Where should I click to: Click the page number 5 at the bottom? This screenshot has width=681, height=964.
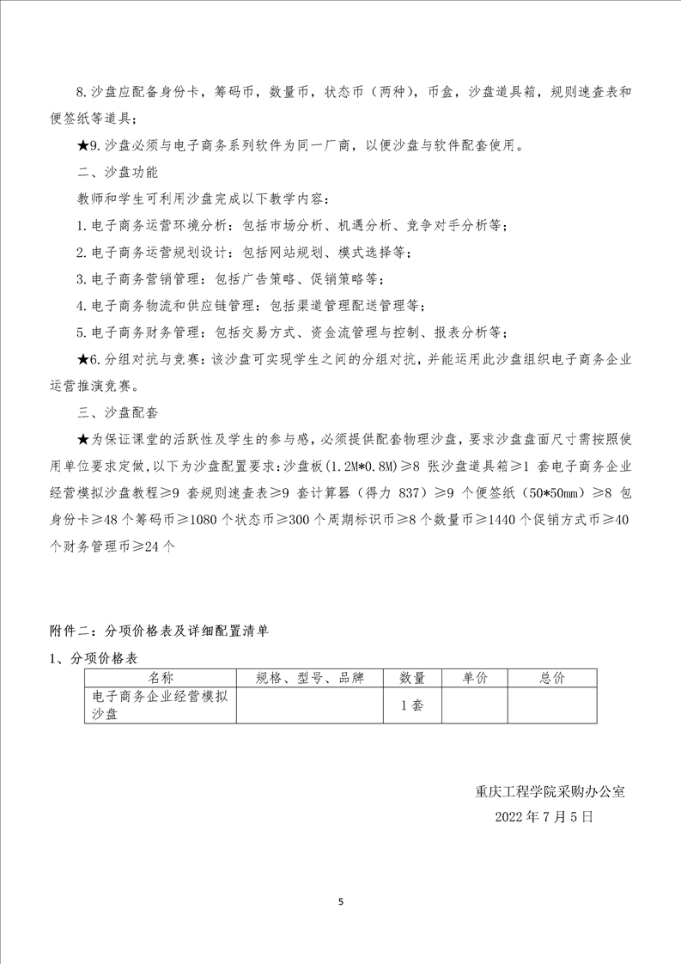(x=341, y=902)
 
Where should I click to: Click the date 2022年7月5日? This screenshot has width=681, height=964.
(x=544, y=817)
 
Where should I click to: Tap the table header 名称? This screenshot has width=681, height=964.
(x=159, y=678)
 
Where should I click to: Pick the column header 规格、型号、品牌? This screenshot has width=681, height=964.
(x=310, y=678)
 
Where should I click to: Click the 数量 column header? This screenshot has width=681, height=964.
(x=412, y=678)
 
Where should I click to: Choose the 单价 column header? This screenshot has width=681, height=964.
(x=474, y=678)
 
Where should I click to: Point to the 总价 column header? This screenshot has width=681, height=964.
(x=551, y=678)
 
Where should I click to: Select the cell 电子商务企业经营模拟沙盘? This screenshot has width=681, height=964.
(x=159, y=705)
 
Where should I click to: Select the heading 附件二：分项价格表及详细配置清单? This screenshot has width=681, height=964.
(x=159, y=631)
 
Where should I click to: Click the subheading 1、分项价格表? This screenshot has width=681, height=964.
(x=94, y=658)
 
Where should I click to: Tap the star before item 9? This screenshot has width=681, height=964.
(x=82, y=144)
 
